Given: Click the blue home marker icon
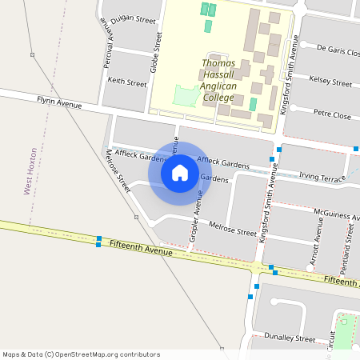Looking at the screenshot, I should (x=180, y=172).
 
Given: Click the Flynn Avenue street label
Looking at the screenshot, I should (x=60, y=102).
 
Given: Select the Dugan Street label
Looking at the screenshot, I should (x=133, y=18).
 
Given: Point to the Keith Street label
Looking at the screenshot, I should (x=127, y=82).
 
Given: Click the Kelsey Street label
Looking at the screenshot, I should (x=330, y=82).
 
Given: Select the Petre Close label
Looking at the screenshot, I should (x=332, y=115).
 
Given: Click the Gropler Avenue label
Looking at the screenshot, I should (x=194, y=220).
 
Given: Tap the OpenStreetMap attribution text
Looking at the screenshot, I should (x=81, y=354).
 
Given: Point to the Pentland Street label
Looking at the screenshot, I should (x=348, y=244).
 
